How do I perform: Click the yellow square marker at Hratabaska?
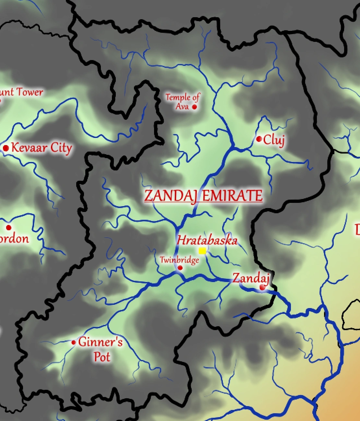[x=202, y=251]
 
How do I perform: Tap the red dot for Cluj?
[x=259, y=139]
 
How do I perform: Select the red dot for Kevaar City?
[x=6, y=148]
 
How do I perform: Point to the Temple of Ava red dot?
[x=195, y=107]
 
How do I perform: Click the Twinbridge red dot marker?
[x=180, y=268]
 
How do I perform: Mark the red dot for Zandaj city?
[x=262, y=287]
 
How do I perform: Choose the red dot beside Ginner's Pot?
[x=74, y=342]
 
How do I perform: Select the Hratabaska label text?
[x=207, y=241]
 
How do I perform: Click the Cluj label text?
[x=274, y=140]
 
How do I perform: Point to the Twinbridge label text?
[x=179, y=260]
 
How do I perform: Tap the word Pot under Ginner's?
[x=102, y=357]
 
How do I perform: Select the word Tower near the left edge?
[x=30, y=92]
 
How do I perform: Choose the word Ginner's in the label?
[x=101, y=342]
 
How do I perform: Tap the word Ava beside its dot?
[x=182, y=106]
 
